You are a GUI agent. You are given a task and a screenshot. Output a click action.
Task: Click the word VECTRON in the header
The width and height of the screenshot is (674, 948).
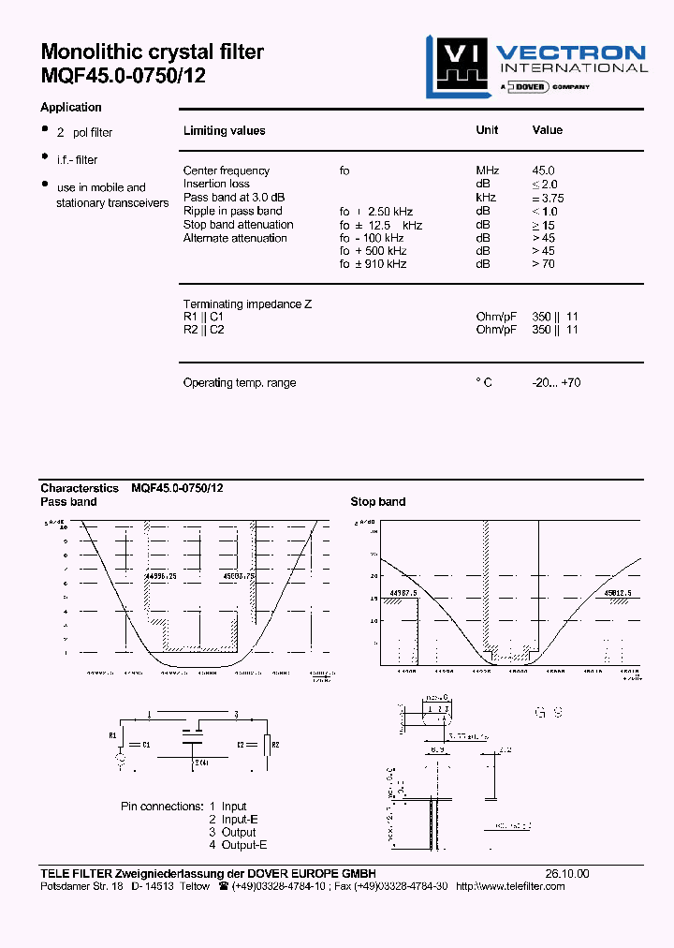pyautogui.click(x=570, y=53)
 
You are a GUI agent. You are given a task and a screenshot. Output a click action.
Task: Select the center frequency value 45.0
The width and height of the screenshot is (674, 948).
pyautogui.click(x=543, y=170)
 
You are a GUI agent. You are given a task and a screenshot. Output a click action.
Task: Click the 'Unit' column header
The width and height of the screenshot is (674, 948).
pyautogui.click(x=487, y=130)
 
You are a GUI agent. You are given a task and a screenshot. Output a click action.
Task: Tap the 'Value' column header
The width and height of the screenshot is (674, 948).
pyautogui.click(x=548, y=130)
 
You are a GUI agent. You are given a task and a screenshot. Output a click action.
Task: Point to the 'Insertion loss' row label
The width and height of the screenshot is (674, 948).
pyautogui.click(x=216, y=184)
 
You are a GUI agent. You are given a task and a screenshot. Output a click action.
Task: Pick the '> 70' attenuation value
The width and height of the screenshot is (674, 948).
pyautogui.click(x=544, y=264)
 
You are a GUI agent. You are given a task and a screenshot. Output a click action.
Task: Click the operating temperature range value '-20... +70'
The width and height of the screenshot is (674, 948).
pyautogui.click(x=556, y=382)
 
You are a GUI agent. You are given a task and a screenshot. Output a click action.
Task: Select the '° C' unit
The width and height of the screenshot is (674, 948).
pyautogui.click(x=484, y=382)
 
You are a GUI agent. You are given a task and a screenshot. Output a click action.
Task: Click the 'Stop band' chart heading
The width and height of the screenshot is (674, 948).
pyautogui.click(x=378, y=501)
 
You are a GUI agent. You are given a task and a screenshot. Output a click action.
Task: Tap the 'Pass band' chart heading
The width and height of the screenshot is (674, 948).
pyautogui.click(x=68, y=501)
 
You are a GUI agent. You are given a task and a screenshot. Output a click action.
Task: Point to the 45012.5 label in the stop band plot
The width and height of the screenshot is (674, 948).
pyautogui.click(x=618, y=592)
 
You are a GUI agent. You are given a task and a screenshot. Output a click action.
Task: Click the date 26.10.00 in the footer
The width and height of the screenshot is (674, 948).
pyautogui.click(x=567, y=873)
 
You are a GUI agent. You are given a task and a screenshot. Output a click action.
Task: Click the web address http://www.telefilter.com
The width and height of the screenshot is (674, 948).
pyautogui.click(x=510, y=886)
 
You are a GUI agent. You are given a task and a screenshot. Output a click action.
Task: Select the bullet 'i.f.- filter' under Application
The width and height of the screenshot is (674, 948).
pyautogui.click(x=77, y=160)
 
